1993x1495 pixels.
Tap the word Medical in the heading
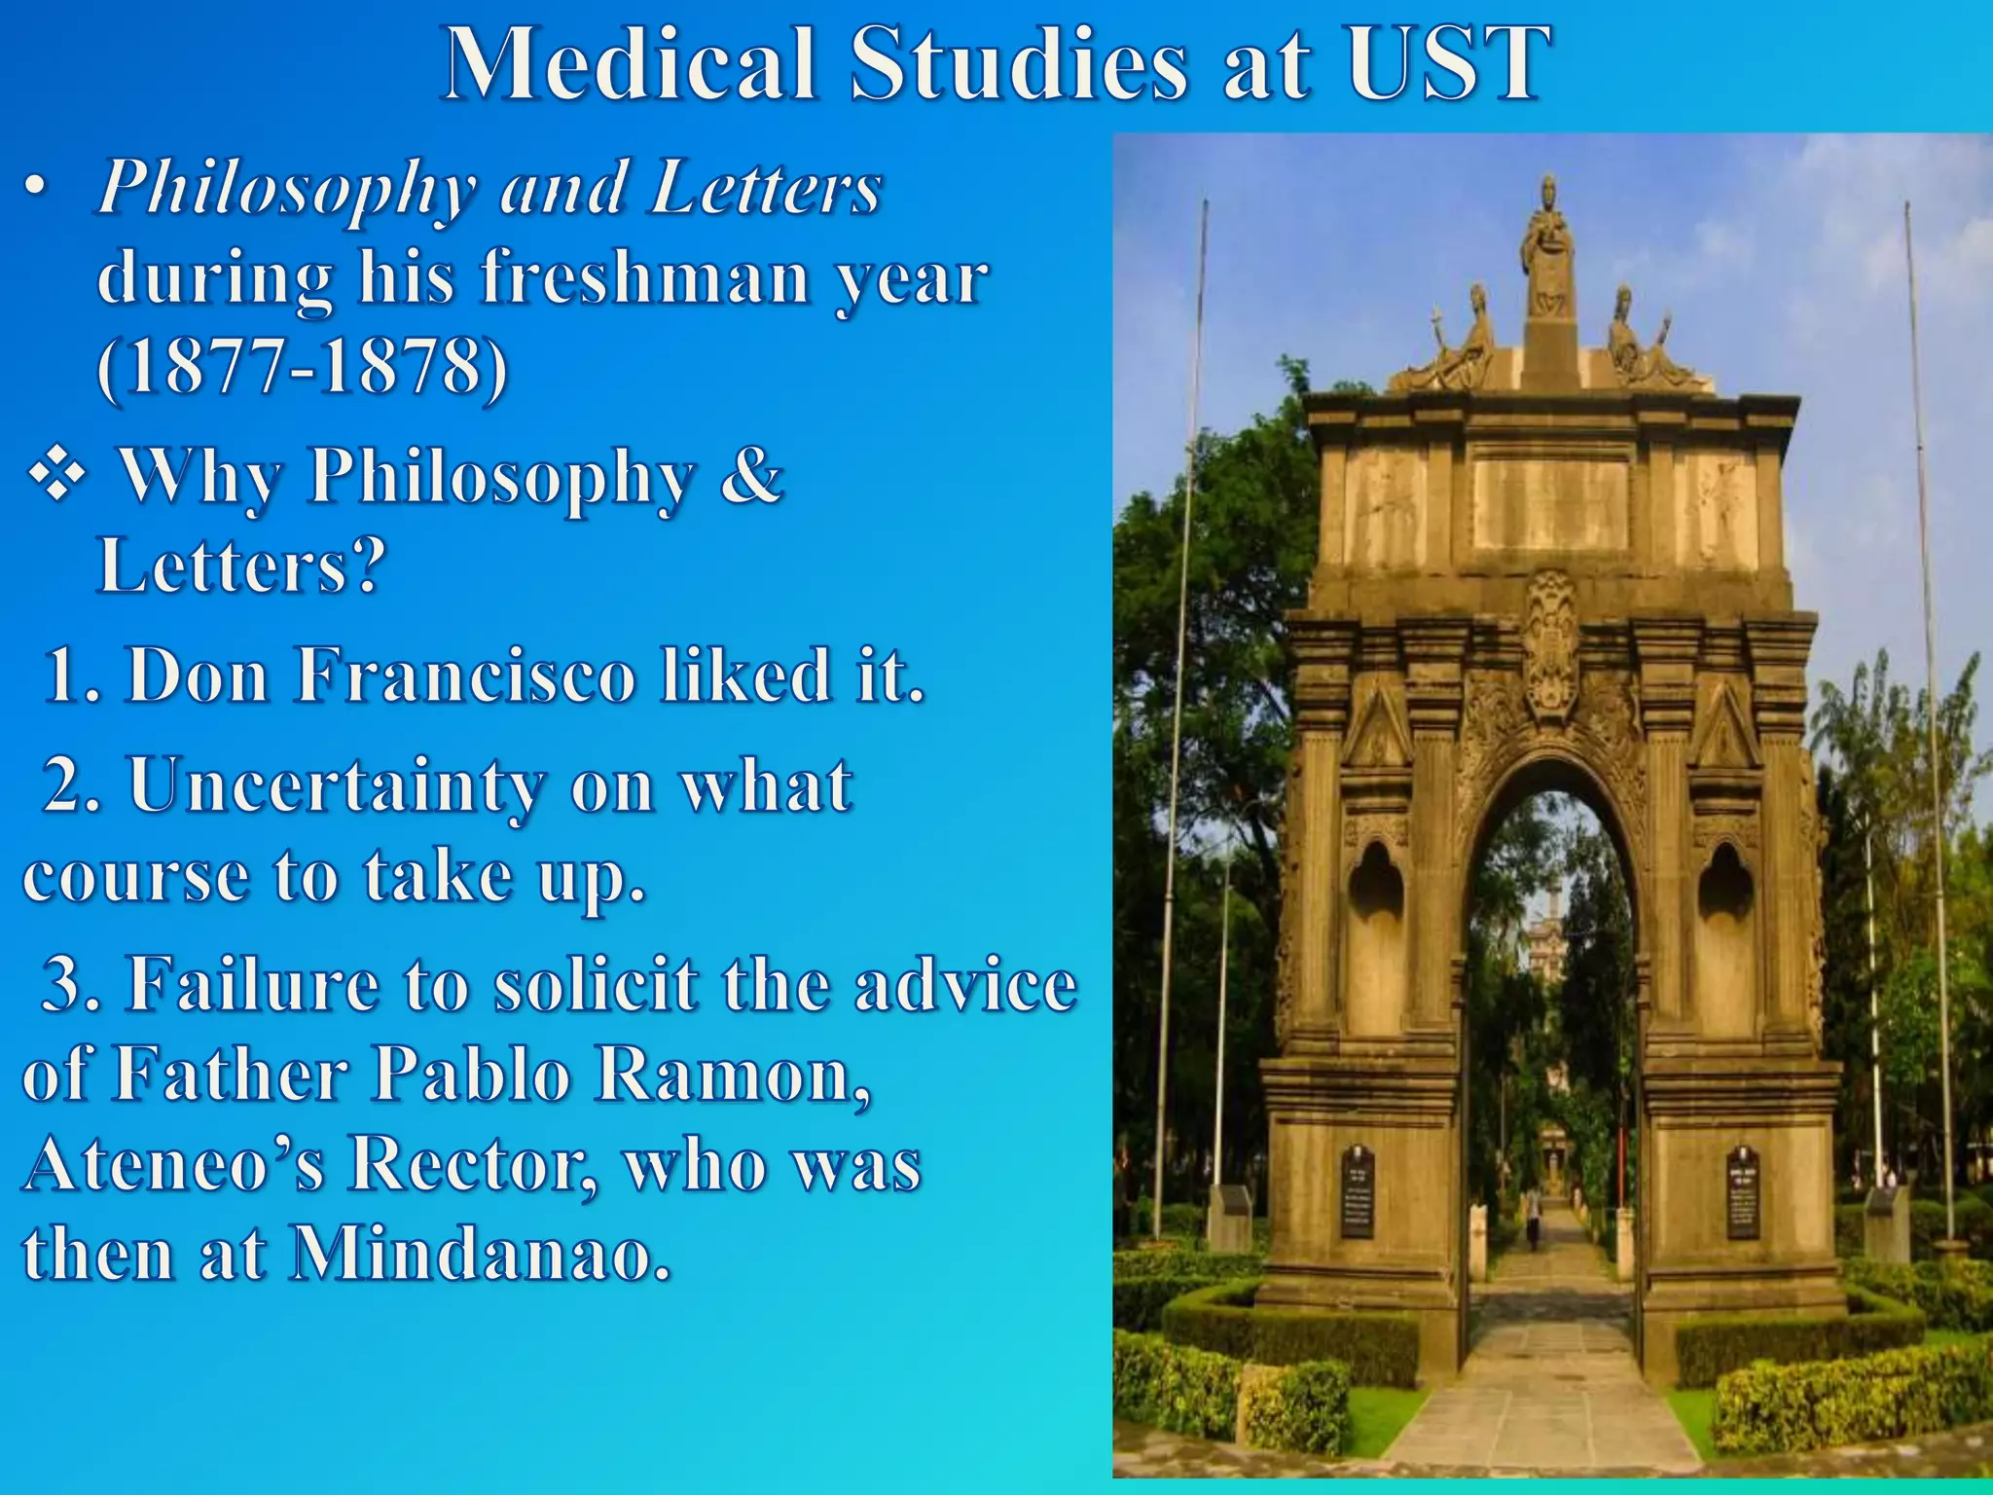click(629, 64)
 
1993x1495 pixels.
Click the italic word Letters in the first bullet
click(767, 187)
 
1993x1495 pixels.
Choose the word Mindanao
click(482, 1254)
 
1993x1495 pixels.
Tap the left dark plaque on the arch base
click(1358, 1192)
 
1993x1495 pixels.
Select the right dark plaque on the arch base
click(1743, 1192)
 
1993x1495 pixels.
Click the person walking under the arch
click(1534, 1216)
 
